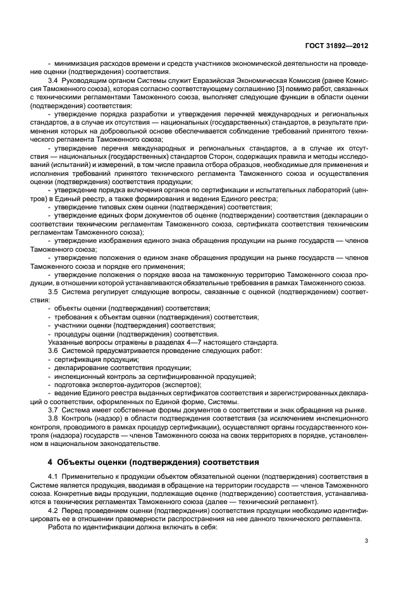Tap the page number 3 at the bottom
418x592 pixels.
point(367,540)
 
